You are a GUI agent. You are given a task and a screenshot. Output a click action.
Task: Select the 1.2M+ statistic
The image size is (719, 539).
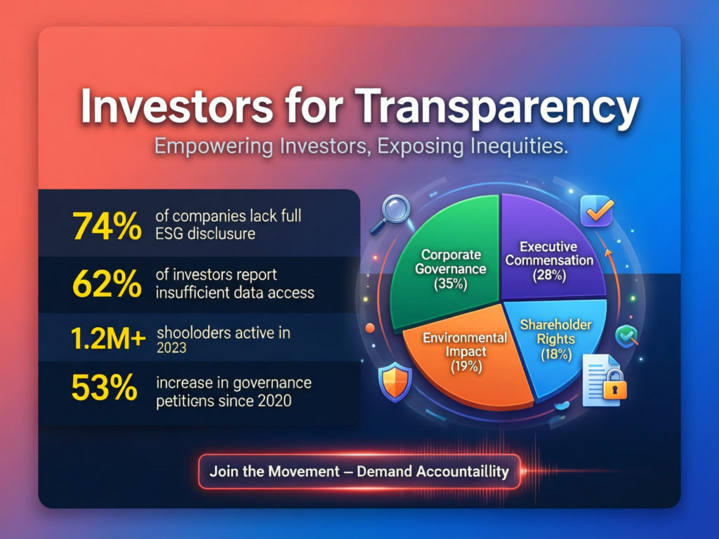(108, 339)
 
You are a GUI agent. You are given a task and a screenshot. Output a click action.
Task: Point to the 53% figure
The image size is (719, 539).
(105, 388)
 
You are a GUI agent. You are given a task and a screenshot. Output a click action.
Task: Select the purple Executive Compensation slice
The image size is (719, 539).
(555, 239)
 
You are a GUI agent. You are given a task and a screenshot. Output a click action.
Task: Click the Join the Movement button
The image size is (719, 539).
(359, 471)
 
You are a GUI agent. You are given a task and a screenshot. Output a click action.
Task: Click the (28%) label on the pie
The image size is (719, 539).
(550, 275)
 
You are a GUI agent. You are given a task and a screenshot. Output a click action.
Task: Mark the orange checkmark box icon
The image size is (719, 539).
(598, 210)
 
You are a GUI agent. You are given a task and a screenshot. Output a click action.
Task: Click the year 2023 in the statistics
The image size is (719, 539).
(171, 347)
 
